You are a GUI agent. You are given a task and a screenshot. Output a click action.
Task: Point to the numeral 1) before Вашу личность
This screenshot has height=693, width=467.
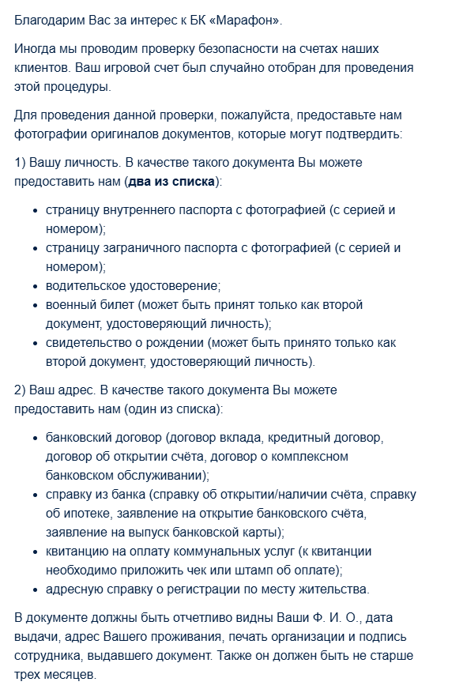(x=20, y=162)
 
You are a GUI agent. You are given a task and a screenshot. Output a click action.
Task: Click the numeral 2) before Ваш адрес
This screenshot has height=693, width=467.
(x=20, y=390)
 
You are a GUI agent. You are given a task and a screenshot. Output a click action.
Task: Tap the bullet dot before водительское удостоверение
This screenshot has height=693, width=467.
(x=36, y=286)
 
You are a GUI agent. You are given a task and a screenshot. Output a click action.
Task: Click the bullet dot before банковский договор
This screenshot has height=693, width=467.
(x=36, y=438)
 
